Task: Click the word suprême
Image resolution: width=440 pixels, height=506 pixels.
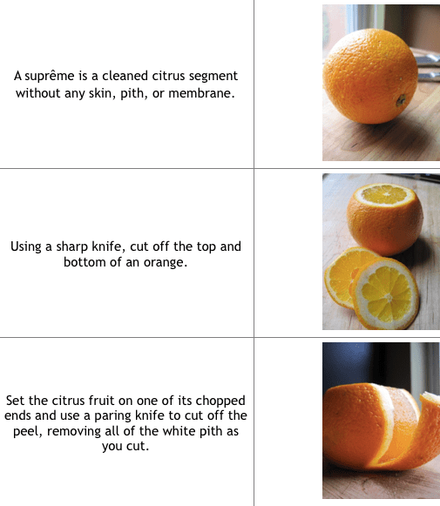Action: [50, 77]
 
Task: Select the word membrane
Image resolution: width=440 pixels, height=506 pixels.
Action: [201, 93]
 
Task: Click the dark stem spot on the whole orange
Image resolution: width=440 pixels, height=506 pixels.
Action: [401, 100]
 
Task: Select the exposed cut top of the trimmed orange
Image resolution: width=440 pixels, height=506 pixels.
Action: [384, 194]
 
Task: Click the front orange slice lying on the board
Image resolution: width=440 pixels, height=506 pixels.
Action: [386, 293]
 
